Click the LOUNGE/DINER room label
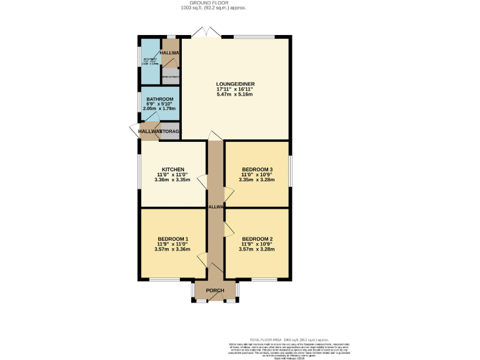[235, 84]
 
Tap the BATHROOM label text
[159, 99]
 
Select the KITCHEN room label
[172, 169]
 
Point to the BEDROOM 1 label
[172, 239]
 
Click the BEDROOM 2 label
[257, 239]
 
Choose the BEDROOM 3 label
[257, 169]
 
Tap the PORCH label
[215, 291]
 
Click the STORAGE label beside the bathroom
[171, 131]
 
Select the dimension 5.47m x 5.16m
[235, 94]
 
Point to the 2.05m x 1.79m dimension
[159, 109]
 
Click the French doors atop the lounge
[206, 33]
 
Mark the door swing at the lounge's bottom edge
[214, 136]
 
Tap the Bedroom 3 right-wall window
[289, 172]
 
